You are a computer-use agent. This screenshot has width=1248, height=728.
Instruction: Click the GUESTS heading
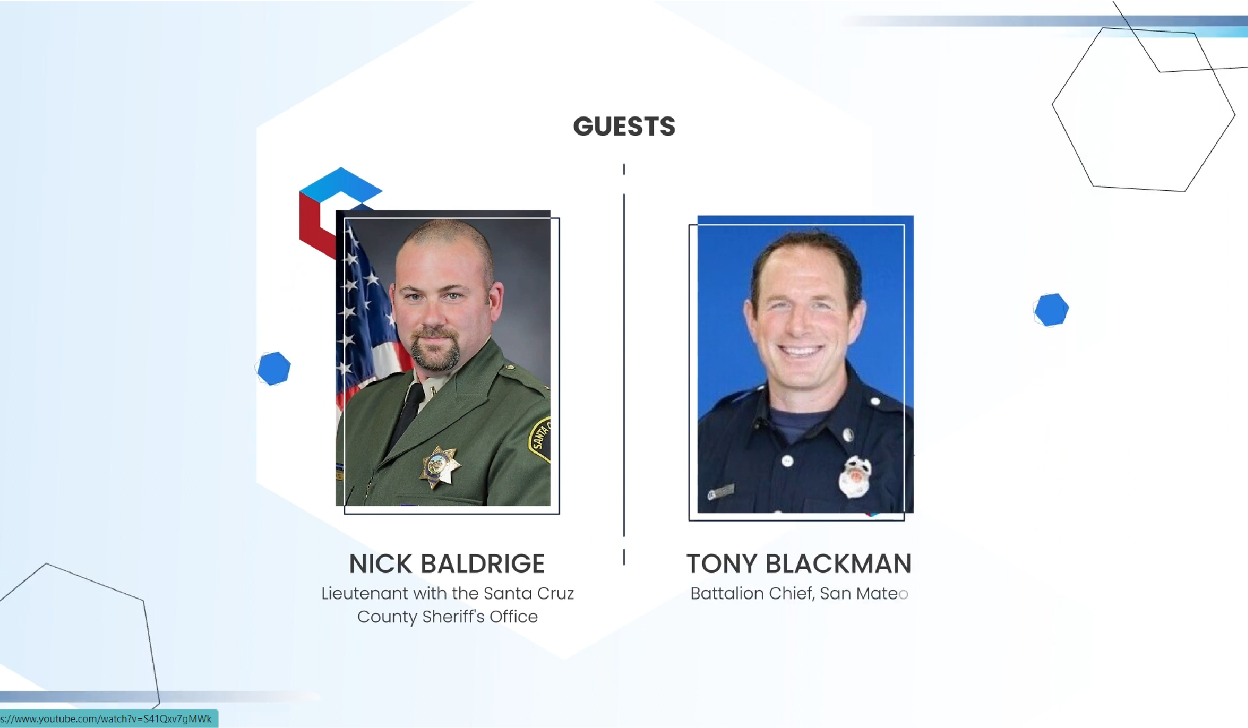pyautogui.click(x=624, y=127)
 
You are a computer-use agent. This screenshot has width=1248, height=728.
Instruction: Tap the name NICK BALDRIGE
pyautogui.click(x=447, y=564)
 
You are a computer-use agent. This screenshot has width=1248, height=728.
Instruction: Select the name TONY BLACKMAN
pyautogui.click(x=799, y=564)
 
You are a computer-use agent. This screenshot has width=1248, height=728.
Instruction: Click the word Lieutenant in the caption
pyautogui.click(x=364, y=593)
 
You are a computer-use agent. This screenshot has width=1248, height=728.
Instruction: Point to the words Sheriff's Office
pyautogui.click(x=480, y=616)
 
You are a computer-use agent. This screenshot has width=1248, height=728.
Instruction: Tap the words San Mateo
pyautogui.click(x=864, y=593)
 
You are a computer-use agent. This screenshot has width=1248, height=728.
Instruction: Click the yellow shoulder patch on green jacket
pyautogui.click(x=540, y=440)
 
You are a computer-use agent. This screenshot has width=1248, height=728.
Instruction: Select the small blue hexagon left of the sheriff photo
pyautogui.click(x=274, y=368)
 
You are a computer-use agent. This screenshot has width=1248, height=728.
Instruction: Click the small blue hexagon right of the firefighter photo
pyautogui.click(x=1051, y=310)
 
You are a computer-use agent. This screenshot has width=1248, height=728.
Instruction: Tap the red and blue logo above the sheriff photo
pyautogui.click(x=337, y=206)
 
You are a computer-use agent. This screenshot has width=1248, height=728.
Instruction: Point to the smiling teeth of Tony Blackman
pyautogui.click(x=801, y=351)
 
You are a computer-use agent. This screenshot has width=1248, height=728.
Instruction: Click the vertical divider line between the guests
pyautogui.click(x=624, y=365)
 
